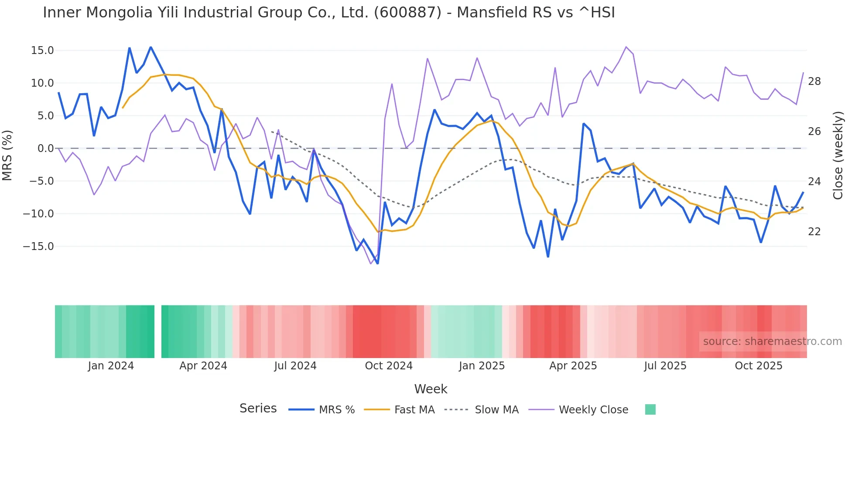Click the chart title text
tap(329, 13)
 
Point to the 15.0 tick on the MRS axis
tap(42, 51)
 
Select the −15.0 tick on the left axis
tap(38, 247)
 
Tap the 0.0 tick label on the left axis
tap(45, 149)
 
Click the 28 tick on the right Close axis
tap(814, 81)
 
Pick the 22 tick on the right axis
tap(814, 232)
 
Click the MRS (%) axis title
tap(7, 155)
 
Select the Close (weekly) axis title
tap(838, 155)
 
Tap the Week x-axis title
tap(431, 389)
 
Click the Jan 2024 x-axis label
tap(111, 366)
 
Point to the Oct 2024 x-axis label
tap(389, 366)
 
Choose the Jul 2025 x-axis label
tap(665, 366)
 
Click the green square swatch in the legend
tap(650, 409)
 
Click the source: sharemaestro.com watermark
tap(772, 341)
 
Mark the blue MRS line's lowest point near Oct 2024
tap(378, 264)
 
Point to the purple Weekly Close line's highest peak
tap(626, 47)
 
